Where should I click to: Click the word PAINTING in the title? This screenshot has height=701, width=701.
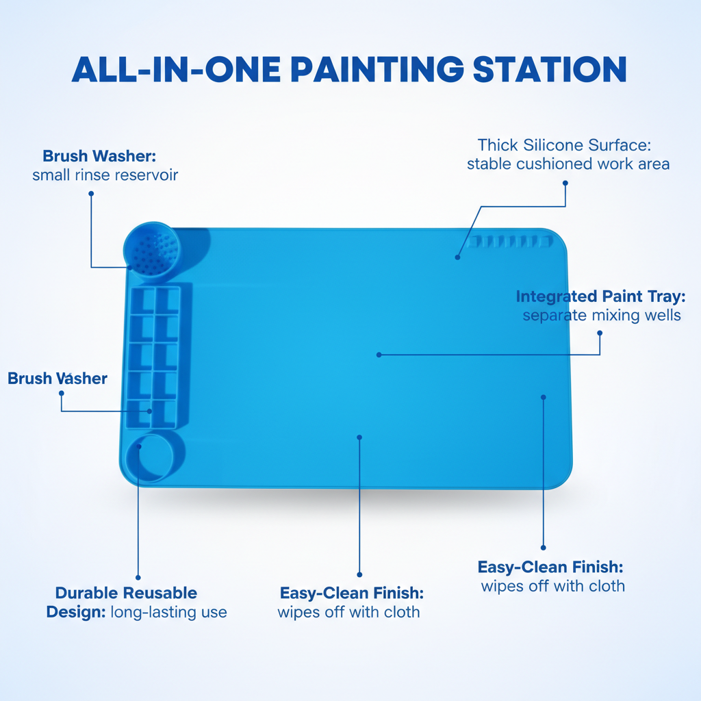[377, 69]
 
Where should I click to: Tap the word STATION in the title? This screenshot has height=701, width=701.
[550, 69]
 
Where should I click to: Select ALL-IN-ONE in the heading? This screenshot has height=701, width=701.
[176, 69]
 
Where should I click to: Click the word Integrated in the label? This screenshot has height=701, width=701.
[556, 297]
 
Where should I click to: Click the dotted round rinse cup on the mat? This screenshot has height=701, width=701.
[152, 251]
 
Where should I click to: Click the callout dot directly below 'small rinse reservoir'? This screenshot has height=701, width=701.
[91, 194]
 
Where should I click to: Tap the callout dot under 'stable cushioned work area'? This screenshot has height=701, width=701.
[565, 183]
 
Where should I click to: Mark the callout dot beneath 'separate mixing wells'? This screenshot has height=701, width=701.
[600, 333]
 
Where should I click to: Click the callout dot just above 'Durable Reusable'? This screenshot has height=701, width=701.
[138, 578]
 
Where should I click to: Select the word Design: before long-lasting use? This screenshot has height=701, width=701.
[76, 613]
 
